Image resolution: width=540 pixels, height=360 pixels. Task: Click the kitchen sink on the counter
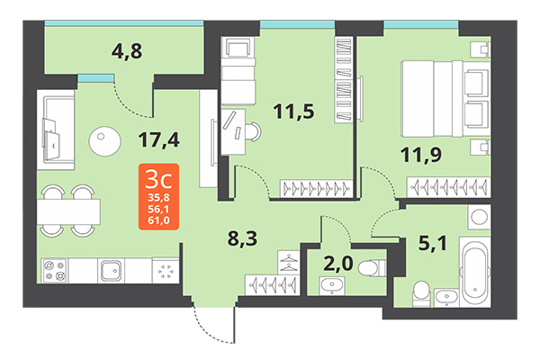[112, 270]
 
